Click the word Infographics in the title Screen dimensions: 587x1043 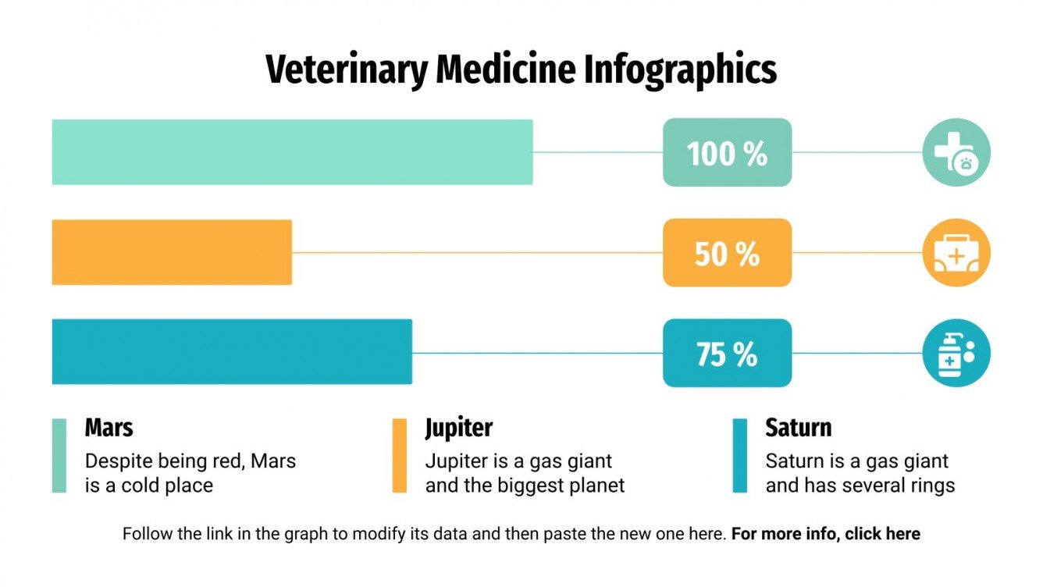coord(680,70)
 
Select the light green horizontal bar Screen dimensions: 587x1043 coord(292,152)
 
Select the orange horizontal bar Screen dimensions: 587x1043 coord(172,252)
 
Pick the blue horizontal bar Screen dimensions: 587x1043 coord(232,352)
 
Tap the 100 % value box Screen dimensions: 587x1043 coord(727,153)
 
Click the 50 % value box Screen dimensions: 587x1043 coord(727,253)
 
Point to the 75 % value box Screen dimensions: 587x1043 coord(727,353)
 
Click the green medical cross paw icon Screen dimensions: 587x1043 coord(956,152)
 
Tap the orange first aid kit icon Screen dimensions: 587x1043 coord(956,253)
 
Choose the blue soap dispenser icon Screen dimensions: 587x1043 coord(956,353)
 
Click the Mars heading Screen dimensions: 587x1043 coord(109,428)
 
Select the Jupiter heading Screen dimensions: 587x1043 coord(458,428)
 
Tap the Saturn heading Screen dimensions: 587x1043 coord(798,428)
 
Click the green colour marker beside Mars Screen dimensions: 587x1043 coord(59,456)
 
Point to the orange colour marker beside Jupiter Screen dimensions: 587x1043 coord(399,456)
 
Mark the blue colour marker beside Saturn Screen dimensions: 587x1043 coord(739,456)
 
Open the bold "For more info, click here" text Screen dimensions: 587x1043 coord(825,535)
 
